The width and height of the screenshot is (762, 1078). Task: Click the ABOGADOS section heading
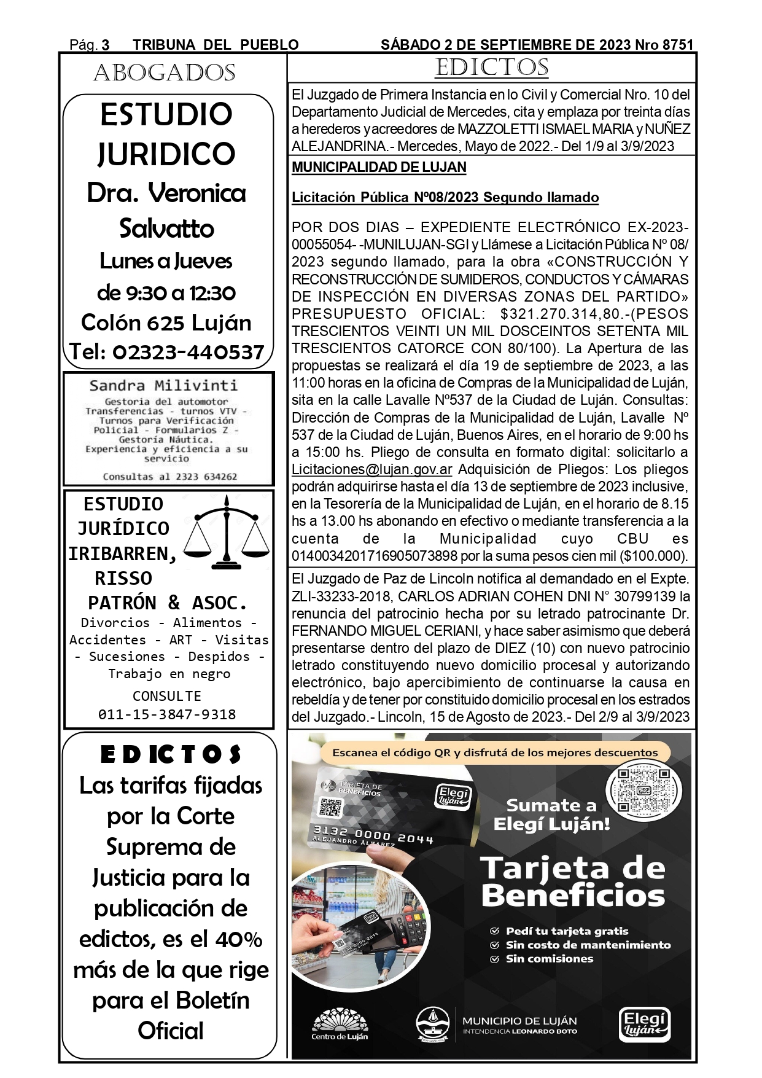[x=165, y=73]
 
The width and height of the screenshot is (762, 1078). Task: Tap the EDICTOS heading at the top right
[x=491, y=68]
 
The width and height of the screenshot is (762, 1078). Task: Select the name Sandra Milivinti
[x=163, y=386]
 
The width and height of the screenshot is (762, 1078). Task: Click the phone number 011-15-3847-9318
[x=167, y=714]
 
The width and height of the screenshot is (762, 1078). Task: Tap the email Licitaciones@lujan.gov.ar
[x=372, y=470]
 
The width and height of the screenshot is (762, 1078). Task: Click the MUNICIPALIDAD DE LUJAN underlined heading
[x=379, y=167]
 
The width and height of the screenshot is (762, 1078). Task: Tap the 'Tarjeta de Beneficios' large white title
[x=573, y=881]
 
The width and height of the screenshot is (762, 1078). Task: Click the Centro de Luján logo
[x=340, y=1025]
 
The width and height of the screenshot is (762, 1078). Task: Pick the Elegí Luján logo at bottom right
[x=643, y=1025]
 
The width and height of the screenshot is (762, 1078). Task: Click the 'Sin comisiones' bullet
[x=549, y=959]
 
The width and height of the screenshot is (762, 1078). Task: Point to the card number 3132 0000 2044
[x=373, y=835]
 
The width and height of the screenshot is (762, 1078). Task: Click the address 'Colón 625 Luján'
[x=166, y=322]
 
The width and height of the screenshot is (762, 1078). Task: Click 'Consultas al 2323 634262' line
[x=169, y=477]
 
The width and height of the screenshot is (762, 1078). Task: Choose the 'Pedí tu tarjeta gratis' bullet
[x=567, y=931]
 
